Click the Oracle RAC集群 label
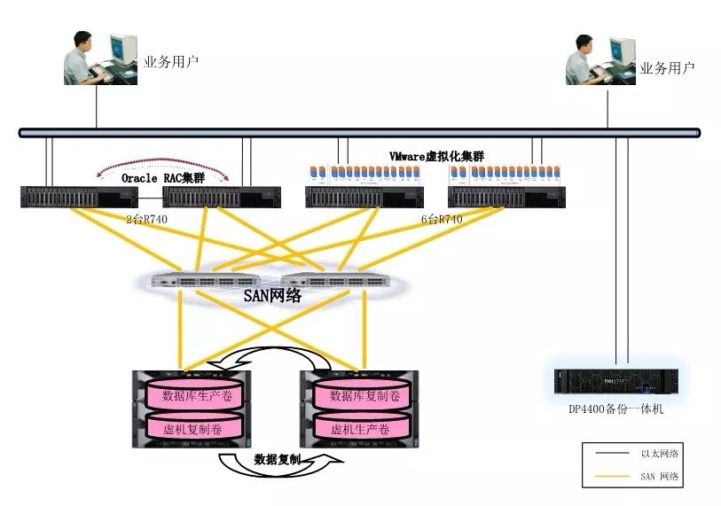[163, 178]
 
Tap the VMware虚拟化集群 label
[436, 157]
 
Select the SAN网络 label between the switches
[272, 296]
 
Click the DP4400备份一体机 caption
[615, 409]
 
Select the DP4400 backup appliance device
[615, 383]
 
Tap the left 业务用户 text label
[171, 63]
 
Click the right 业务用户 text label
[667, 67]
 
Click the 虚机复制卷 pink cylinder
[195, 428]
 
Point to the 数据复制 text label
[277, 460]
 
